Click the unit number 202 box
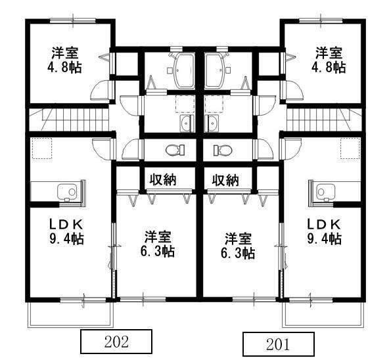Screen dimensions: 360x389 (116, 342)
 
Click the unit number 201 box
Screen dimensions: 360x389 (279, 344)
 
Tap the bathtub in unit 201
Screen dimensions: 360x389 (216, 68)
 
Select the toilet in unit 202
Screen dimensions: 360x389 (175, 150)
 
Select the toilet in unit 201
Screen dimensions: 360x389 (222, 150)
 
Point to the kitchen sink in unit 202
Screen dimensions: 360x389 (68, 191)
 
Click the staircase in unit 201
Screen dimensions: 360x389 (322, 120)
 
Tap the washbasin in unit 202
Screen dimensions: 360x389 (183, 125)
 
